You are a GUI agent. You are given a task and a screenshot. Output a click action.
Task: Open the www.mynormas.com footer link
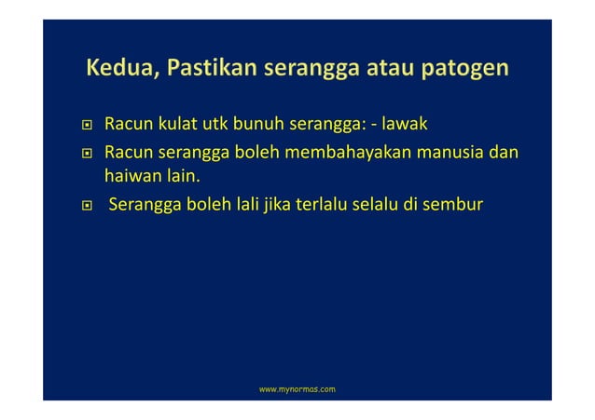point(297,387)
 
